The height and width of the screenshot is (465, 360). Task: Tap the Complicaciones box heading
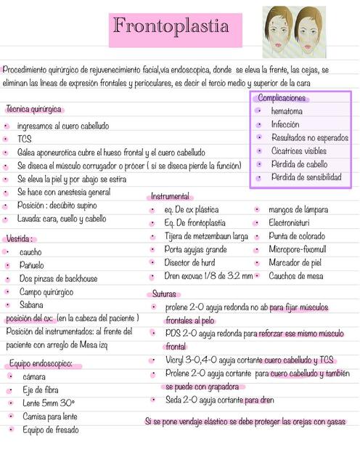click(x=283, y=98)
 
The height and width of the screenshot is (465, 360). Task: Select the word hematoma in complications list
click(x=287, y=111)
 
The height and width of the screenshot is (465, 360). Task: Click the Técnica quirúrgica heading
click(x=33, y=109)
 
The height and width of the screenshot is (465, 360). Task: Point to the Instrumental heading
click(x=170, y=196)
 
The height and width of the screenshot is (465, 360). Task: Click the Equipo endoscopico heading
click(x=41, y=363)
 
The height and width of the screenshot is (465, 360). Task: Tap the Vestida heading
click(x=20, y=238)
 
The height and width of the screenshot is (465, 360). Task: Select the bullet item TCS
click(x=25, y=139)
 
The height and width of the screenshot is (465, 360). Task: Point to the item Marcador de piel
click(x=295, y=262)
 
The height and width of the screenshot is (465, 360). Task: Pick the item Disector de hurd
click(x=189, y=262)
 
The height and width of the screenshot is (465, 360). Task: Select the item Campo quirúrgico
click(x=46, y=291)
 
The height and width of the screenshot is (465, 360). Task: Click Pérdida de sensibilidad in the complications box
click(x=306, y=177)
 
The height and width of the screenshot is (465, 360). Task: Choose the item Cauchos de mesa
click(x=295, y=276)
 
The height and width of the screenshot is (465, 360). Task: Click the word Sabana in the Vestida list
click(x=31, y=304)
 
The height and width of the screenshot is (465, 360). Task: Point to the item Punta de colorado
click(x=296, y=236)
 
